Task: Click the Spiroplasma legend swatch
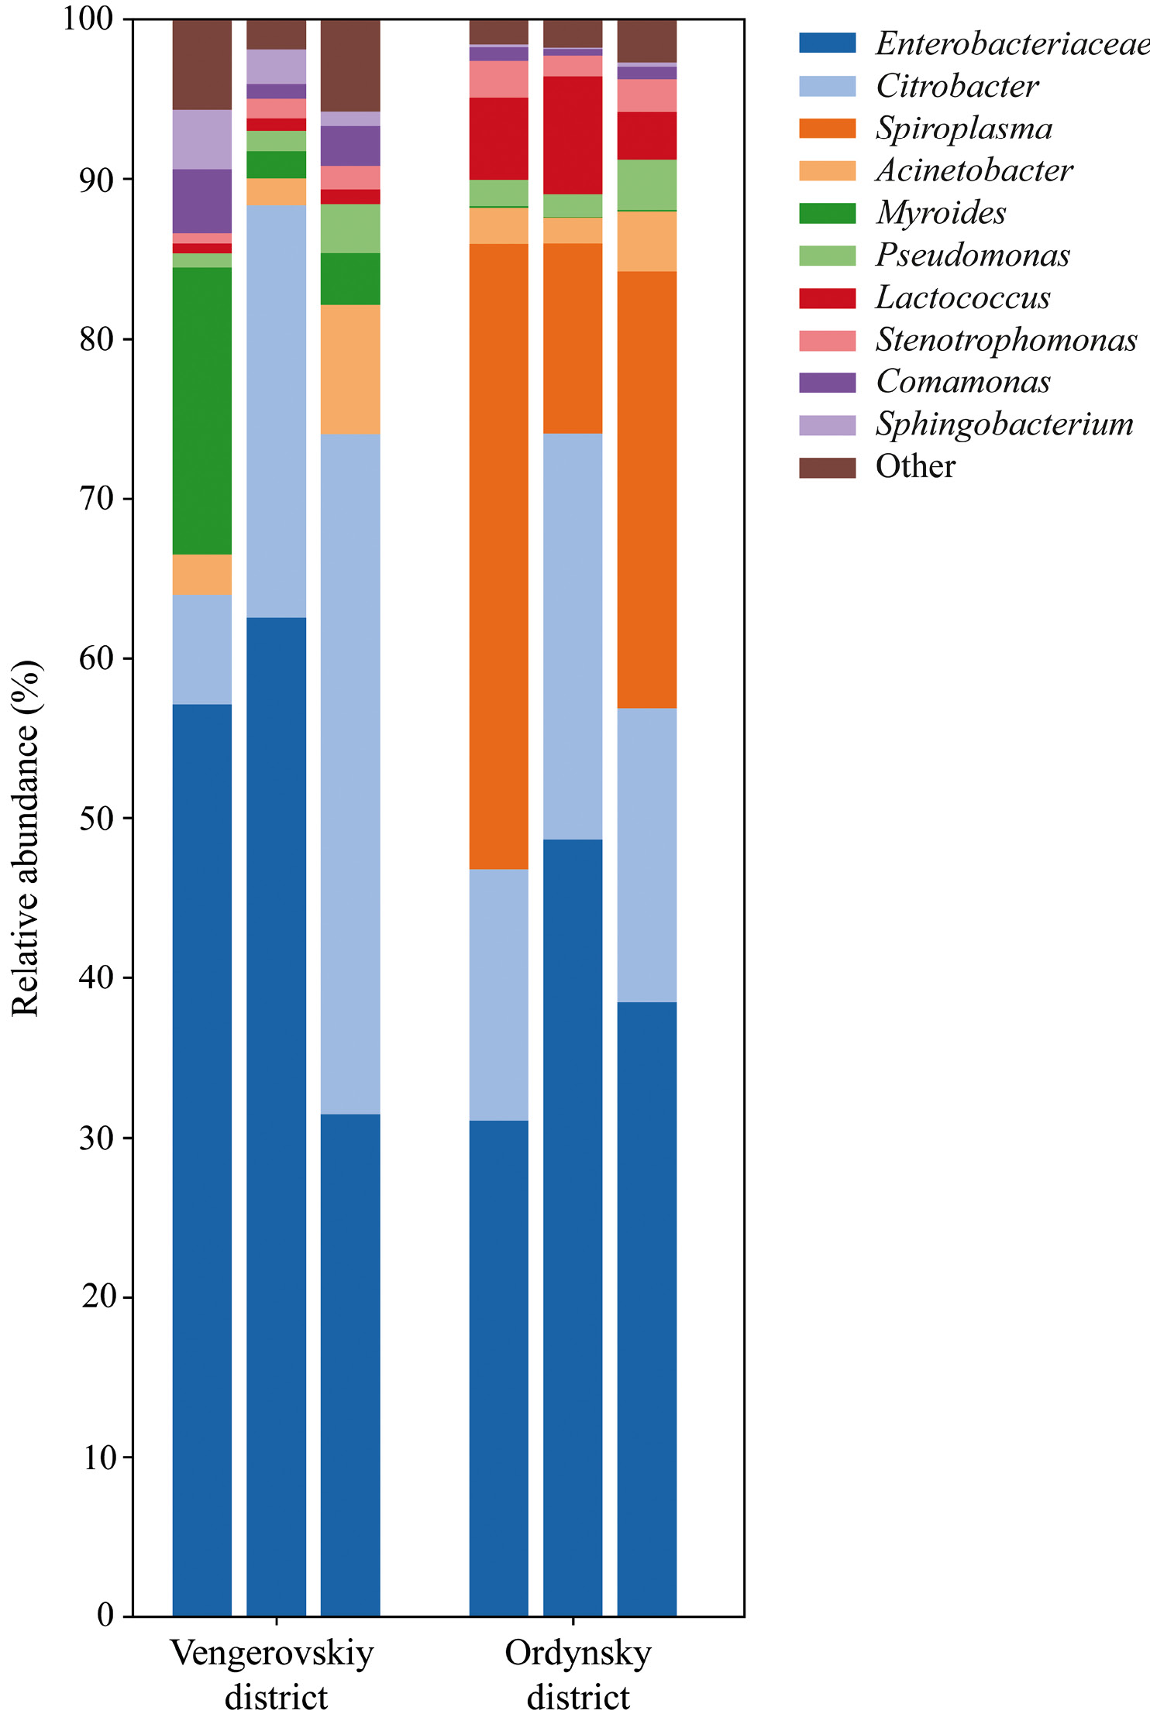tap(827, 129)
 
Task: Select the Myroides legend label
tap(941, 213)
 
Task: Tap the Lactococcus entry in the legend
tap(962, 298)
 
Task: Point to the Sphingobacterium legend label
tap(1004, 424)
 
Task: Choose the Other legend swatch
tap(827, 468)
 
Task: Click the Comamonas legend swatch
tap(827, 383)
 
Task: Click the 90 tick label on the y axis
tap(97, 180)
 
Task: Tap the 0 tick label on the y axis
tap(106, 1616)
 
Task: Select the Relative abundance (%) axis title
tap(25, 838)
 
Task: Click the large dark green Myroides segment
tap(201, 410)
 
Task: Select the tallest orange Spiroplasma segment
tap(499, 556)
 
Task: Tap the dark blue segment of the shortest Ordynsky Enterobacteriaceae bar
tap(499, 1369)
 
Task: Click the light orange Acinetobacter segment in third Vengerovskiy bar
tap(350, 369)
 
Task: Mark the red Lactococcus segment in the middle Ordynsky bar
tap(573, 135)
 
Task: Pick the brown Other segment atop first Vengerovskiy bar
tap(201, 64)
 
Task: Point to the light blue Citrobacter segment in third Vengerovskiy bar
tap(350, 774)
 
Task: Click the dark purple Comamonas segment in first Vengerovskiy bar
tap(201, 201)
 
